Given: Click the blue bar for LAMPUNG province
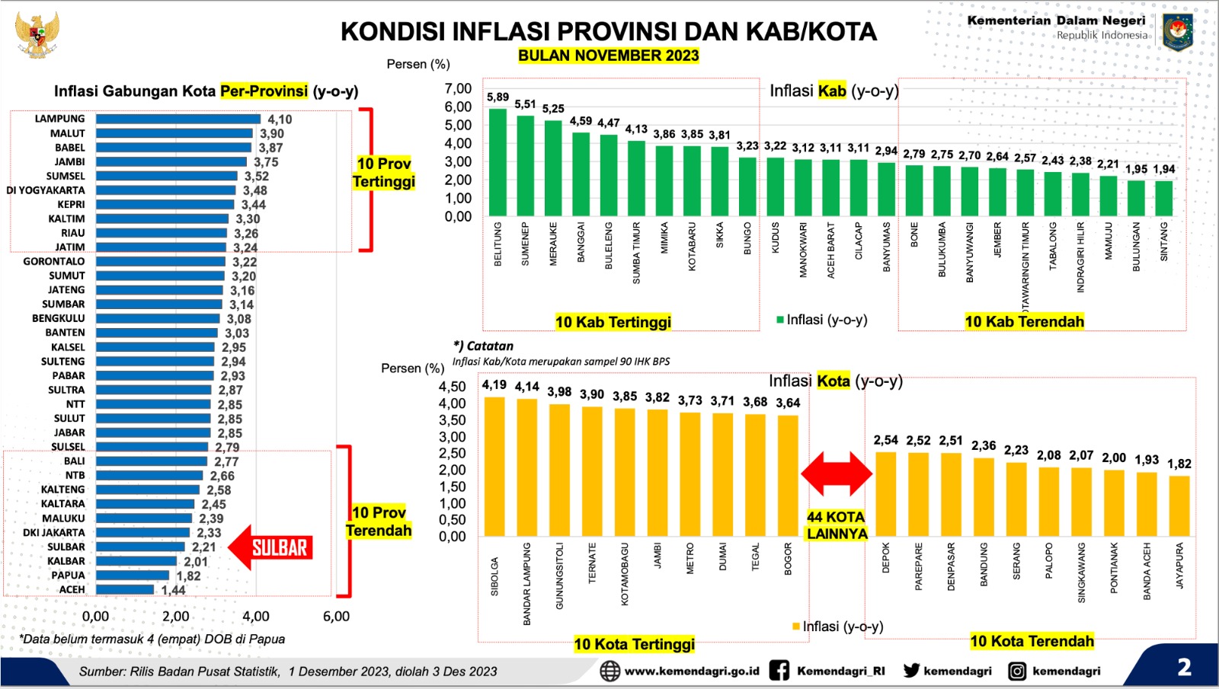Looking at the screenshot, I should coord(178,119).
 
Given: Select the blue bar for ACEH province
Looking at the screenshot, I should coord(125,589).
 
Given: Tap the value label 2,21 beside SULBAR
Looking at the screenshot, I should coord(203,547).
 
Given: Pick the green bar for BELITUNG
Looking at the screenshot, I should coord(498,162).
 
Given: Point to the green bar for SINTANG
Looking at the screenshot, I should coord(1163,198).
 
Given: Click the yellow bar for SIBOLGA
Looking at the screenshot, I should coord(494,466).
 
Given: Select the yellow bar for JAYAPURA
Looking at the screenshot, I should coord(1179,506).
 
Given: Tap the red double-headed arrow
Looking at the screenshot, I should coord(836,474).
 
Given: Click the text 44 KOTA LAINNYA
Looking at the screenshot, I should coord(837,525).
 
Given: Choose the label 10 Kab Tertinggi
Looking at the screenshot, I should coord(613,322).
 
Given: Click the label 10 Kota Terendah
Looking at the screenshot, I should coord(1032,641).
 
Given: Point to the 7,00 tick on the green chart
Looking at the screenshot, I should coord(458,88).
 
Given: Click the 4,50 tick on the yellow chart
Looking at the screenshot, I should coord(452,387).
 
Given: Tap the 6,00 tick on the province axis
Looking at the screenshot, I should coord(336,617).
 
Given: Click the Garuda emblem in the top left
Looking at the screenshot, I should coord(37,34).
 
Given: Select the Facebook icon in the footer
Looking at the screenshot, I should coord(779,671).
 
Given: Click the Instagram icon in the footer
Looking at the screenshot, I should coord(1016,671).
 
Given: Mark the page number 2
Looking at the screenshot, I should coord(1184,668).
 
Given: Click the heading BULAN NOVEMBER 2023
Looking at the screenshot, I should coord(608,56).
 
